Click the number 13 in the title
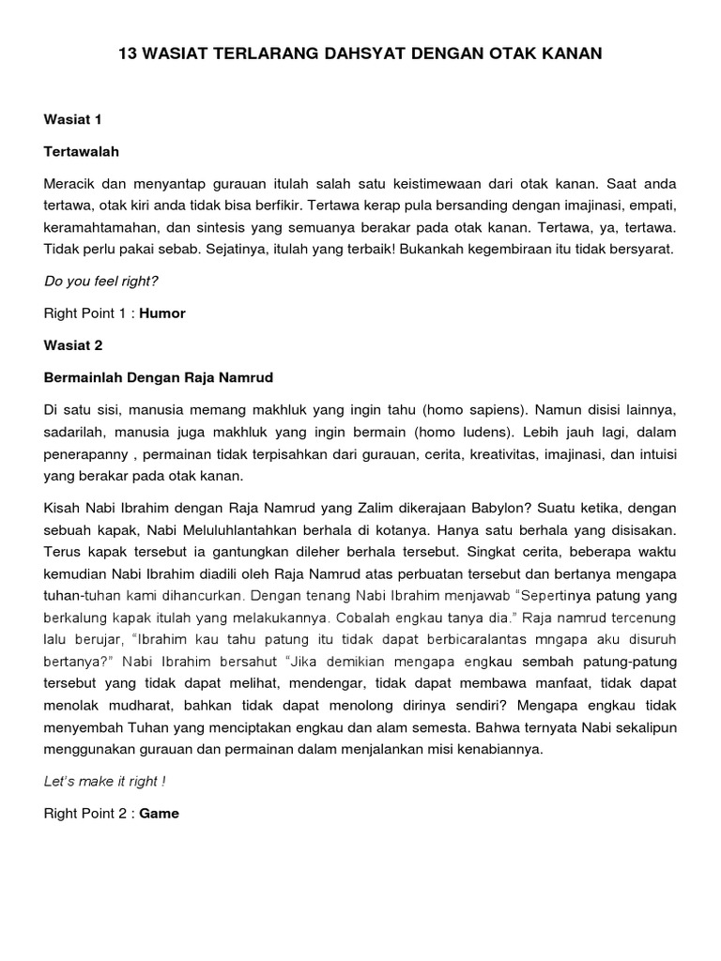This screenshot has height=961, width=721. [127, 54]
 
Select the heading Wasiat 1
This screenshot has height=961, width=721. [72, 120]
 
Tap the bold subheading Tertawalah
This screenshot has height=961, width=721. [82, 151]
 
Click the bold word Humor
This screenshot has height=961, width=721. [162, 313]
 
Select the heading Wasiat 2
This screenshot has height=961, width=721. [73, 345]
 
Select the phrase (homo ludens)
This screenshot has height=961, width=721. [446, 432]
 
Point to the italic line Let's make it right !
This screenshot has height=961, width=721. [104, 781]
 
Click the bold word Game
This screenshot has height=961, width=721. [160, 813]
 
